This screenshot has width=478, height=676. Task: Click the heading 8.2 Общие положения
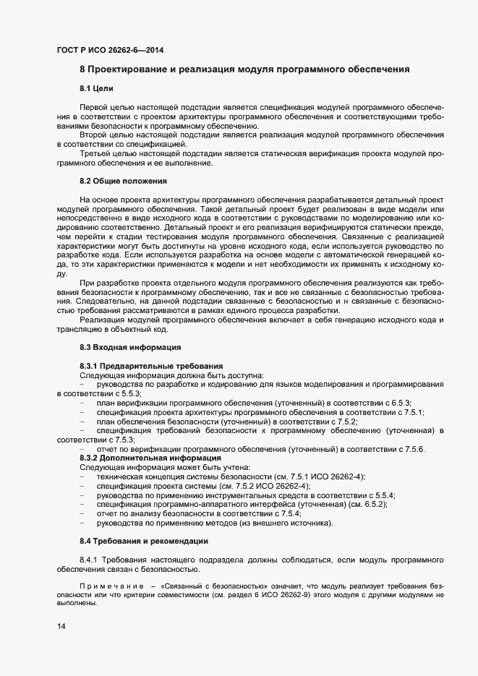click(x=123, y=180)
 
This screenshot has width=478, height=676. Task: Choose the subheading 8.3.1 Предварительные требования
click(x=150, y=367)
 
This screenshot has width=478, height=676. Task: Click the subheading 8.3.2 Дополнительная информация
click(x=150, y=458)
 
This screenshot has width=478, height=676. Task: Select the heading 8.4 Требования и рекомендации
click(x=144, y=541)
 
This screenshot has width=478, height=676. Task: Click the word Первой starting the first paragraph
click(x=95, y=107)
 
